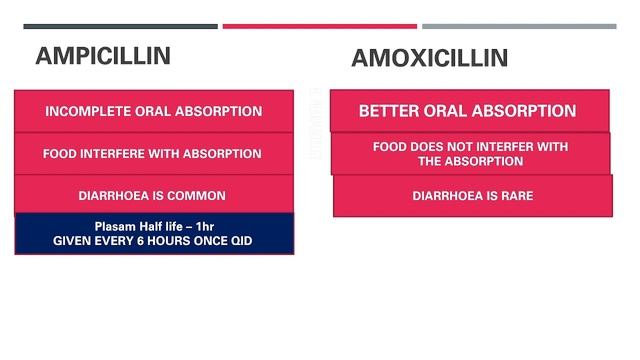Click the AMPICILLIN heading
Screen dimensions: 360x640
coord(102,56)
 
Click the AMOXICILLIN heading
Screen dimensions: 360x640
coord(429,58)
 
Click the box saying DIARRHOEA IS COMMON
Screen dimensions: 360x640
coord(153,196)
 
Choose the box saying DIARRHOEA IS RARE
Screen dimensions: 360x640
coord(472,196)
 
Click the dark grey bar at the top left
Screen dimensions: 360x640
coord(120,27)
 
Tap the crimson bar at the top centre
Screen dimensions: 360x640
coord(319,27)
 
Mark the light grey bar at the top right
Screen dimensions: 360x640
coord(519,27)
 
